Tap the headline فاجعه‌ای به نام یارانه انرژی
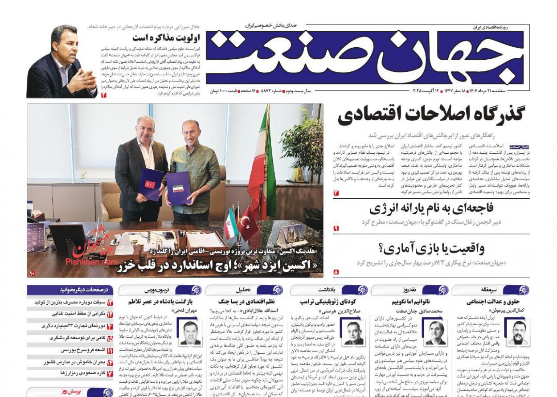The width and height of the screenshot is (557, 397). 431,208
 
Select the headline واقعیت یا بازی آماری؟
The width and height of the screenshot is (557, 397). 431,248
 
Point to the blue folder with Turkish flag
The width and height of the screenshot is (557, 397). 150,184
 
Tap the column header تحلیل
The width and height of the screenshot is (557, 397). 243,290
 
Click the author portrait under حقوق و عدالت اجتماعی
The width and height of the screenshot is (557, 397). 516,332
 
